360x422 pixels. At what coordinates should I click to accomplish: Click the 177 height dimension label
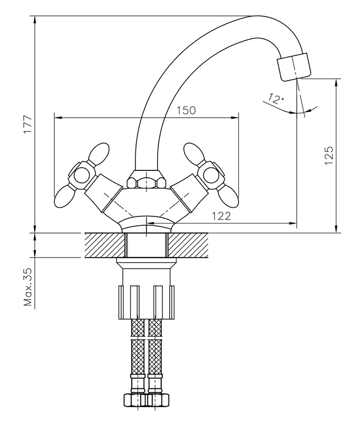click(28, 124)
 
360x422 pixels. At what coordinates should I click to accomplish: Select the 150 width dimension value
click(186, 110)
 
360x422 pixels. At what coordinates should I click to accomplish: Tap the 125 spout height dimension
click(328, 156)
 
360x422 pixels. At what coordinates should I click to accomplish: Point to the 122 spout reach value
click(221, 216)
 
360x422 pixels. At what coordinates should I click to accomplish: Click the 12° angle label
click(276, 99)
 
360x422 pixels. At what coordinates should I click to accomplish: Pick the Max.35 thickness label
click(28, 287)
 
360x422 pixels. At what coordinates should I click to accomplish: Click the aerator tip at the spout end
click(294, 66)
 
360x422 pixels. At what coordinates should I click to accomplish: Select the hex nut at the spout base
click(146, 180)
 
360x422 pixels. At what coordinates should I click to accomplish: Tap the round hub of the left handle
click(81, 176)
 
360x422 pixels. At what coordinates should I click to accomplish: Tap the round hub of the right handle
click(211, 176)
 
